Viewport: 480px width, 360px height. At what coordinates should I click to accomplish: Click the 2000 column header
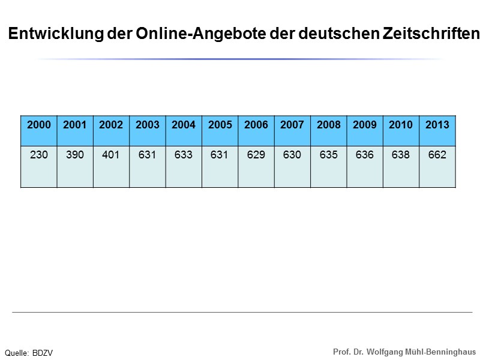39,125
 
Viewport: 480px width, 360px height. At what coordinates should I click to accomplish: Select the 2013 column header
437,125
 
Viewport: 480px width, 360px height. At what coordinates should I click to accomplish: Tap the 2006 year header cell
256,125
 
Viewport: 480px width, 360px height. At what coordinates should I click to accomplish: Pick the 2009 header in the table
365,125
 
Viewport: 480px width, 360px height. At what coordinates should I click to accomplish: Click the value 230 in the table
39,155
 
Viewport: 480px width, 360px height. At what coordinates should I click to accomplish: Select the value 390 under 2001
75,155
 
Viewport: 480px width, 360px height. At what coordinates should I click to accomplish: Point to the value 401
111,155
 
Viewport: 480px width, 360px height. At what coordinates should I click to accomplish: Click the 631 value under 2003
148,155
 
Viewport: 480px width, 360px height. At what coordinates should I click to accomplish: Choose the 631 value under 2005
220,155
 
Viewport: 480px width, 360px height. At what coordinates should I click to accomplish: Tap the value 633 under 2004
184,155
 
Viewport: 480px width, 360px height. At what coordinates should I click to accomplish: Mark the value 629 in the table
256,155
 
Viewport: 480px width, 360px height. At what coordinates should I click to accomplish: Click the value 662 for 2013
437,155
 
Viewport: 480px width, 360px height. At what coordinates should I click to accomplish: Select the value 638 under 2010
401,155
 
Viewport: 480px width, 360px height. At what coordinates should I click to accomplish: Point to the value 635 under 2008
329,155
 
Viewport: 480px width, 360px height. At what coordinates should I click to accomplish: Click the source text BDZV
43,353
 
